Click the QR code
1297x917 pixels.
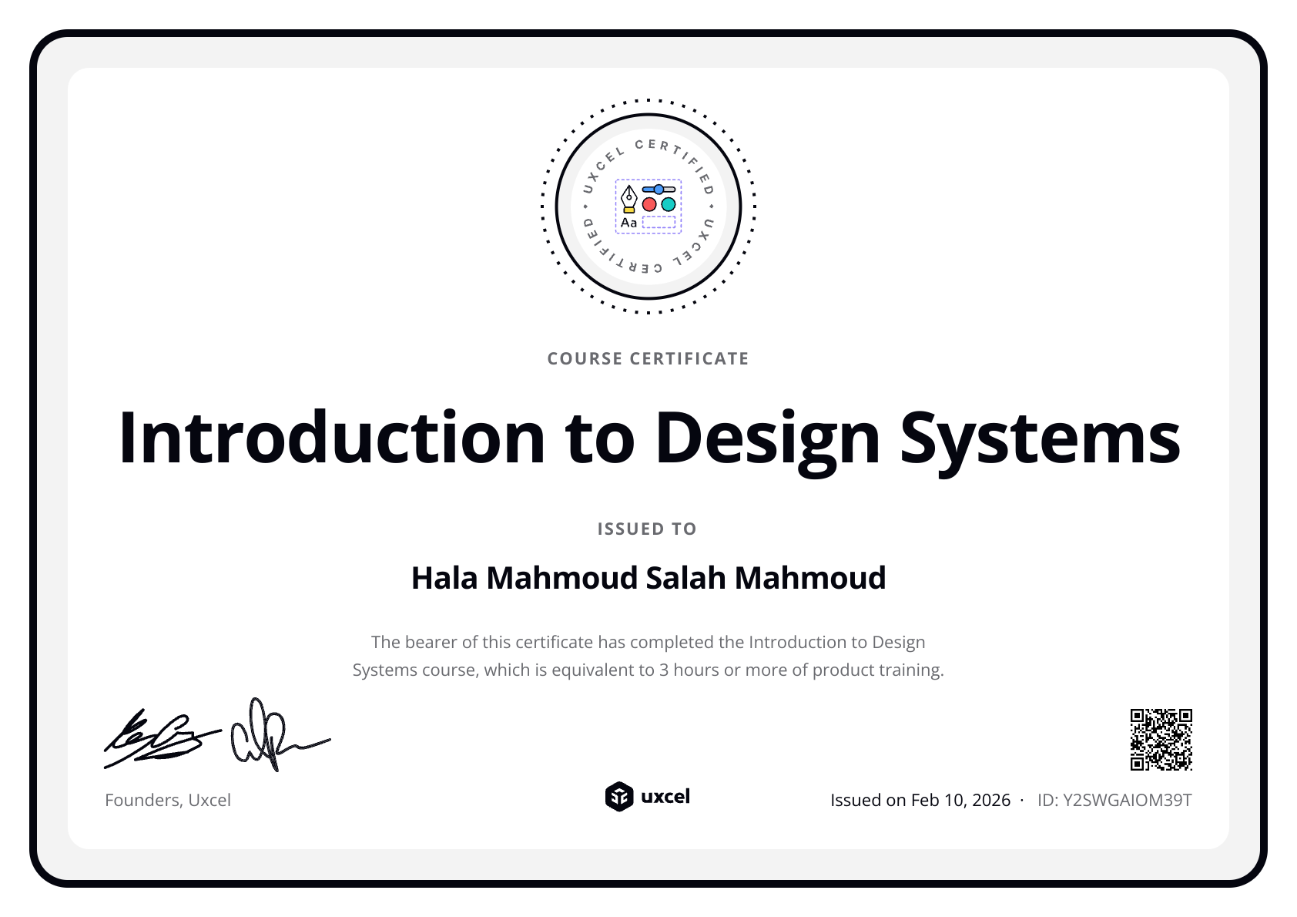pos(1161,740)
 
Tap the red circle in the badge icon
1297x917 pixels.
pos(649,204)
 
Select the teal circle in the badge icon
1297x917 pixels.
pos(669,204)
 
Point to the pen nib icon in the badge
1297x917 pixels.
pos(629,197)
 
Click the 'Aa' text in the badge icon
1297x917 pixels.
pos(629,223)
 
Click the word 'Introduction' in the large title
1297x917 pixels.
pos(332,438)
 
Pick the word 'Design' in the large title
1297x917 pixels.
pos(767,438)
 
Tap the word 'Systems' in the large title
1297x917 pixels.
pos(1040,438)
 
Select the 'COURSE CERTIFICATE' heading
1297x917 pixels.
pos(648,358)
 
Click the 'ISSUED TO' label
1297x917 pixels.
pos(647,529)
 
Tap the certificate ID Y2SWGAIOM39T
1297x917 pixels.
pos(1127,800)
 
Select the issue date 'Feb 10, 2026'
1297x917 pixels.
pos(960,800)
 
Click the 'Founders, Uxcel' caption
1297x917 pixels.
pos(168,800)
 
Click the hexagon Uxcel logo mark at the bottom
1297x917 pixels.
pos(618,797)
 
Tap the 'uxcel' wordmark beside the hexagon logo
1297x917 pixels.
pos(665,797)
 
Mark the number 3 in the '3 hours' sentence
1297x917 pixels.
pos(663,670)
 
